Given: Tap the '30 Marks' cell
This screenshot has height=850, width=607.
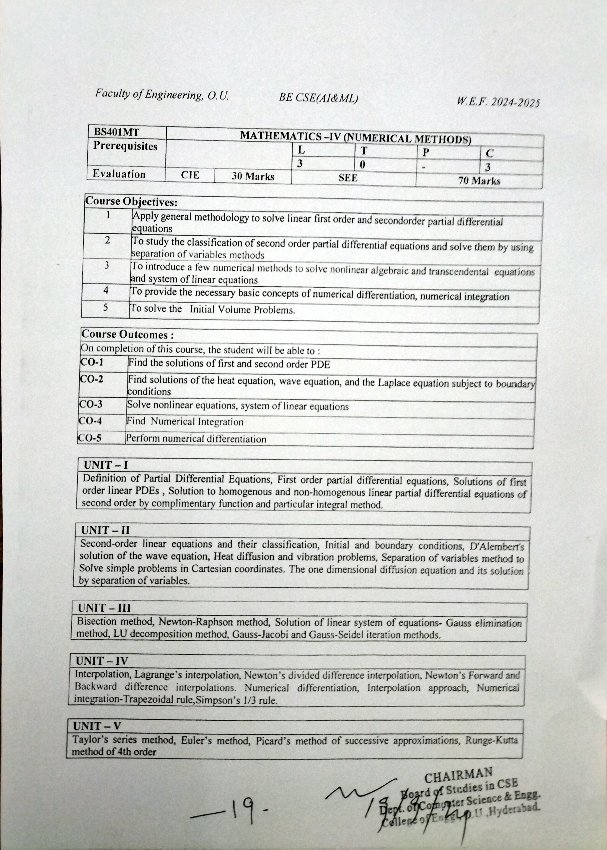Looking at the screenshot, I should click(253, 176).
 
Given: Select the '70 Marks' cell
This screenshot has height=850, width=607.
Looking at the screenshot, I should click(479, 181).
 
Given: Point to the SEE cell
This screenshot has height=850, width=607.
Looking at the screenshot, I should click(348, 178).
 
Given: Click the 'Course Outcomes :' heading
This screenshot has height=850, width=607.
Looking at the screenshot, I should click(127, 334).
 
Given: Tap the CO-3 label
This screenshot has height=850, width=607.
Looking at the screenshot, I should click(91, 404).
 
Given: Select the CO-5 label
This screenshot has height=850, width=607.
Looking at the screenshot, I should click(90, 438).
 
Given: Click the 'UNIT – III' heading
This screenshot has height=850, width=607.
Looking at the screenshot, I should click(104, 608).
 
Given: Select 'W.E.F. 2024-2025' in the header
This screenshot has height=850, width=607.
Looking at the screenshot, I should click(498, 102).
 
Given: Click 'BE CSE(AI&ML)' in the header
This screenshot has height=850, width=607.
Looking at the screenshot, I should click(318, 98).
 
